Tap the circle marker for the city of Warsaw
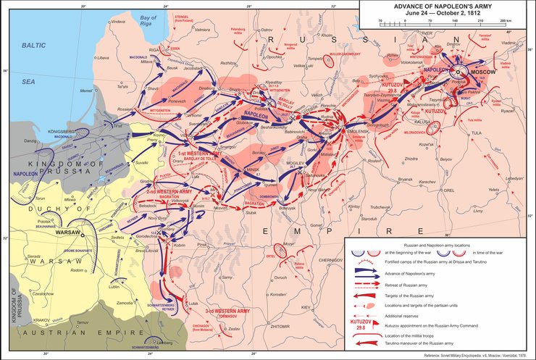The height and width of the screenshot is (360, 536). [83, 235]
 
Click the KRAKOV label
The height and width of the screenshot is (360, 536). [41, 319]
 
